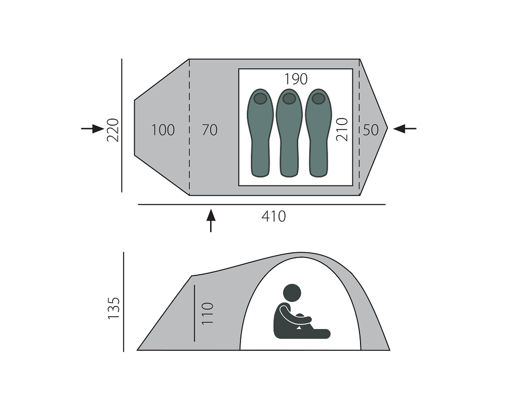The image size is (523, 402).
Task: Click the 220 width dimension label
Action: pos(113,130)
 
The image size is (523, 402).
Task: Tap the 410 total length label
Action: pos(274,217)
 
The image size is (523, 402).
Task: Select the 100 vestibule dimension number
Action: pos(163,130)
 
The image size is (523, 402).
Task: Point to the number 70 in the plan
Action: pos(210,130)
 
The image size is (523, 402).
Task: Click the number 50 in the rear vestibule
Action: pos(371,130)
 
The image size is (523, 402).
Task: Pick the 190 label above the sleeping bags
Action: pos(296,79)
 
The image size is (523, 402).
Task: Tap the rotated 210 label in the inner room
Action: pos(342,130)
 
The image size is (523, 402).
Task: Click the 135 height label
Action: pos(114,308)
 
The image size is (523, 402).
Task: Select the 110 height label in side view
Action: pos(208,314)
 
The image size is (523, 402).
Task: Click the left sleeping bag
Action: pos(260,132)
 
